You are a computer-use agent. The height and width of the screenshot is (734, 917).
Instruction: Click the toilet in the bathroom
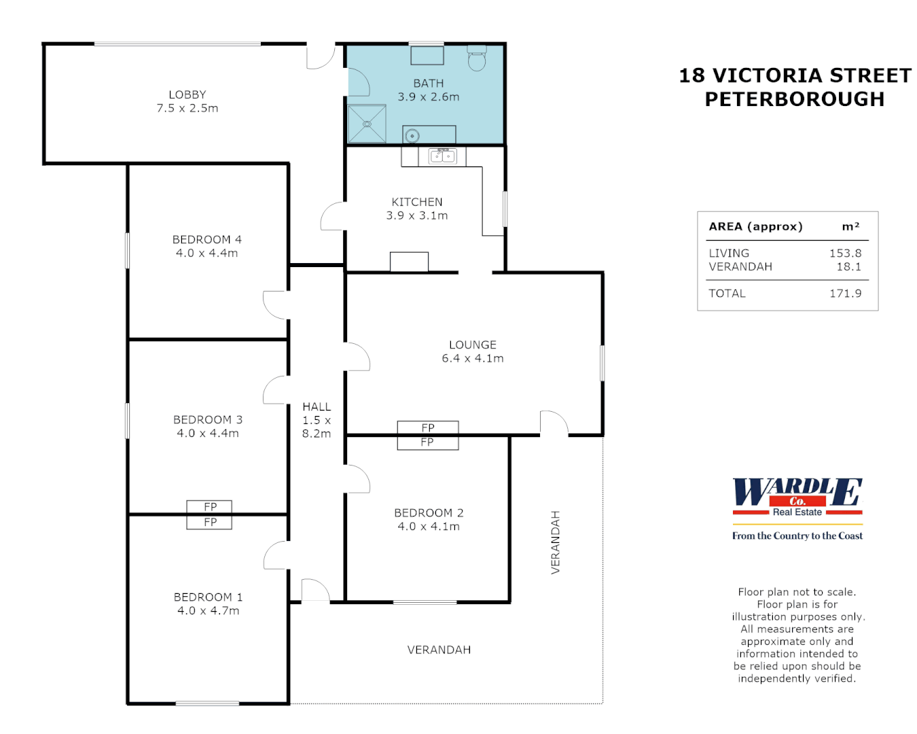(x=477, y=60)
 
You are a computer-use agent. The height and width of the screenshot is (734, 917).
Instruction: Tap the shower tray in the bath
(x=367, y=124)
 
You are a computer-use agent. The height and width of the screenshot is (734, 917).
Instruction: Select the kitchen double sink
(x=442, y=156)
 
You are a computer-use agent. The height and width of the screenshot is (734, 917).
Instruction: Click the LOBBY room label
(x=187, y=95)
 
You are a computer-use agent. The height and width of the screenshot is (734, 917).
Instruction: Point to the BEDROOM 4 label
(x=207, y=240)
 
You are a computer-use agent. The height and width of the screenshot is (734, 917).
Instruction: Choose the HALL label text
(x=317, y=407)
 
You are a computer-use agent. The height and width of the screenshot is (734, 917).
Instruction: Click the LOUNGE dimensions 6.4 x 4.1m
(x=473, y=359)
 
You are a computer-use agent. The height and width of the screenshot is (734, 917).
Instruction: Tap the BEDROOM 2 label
(x=429, y=513)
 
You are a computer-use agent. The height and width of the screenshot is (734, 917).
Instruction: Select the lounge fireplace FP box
(x=428, y=428)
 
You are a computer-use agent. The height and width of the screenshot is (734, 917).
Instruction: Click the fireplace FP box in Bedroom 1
(x=210, y=522)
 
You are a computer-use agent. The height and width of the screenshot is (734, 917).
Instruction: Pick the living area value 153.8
(x=845, y=254)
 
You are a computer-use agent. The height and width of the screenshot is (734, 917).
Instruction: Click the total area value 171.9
(x=845, y=294)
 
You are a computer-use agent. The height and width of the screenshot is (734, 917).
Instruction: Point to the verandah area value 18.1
(x=848, y=267)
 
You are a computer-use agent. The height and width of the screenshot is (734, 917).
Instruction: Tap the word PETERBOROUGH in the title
(x=795, y=99)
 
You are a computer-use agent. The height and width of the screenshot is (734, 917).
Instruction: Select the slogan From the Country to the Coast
(x=797, y=536)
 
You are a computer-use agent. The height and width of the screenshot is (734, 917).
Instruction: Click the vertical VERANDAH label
(x=556, y=542)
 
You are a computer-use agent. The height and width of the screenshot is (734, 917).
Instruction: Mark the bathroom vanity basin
(x=412, y=136)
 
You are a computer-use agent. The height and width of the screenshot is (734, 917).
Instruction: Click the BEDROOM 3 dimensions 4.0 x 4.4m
(x=208, y=434)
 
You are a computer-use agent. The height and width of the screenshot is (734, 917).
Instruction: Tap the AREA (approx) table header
(x=755, y=227)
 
